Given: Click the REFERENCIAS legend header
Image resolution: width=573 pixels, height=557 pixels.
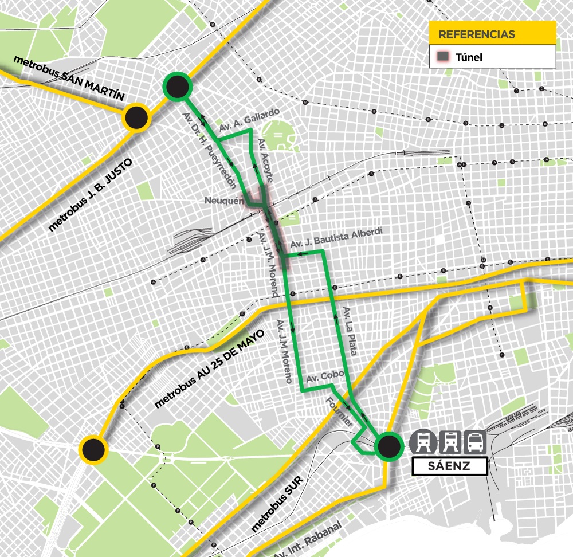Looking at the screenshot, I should [x=492, y=34].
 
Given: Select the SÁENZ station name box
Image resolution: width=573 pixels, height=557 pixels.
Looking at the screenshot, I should [x=449, y=466].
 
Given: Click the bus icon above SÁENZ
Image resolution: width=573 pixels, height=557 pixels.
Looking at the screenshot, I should [x=476, y=442].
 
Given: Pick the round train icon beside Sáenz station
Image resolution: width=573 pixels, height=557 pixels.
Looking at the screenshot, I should [x=422, y=442].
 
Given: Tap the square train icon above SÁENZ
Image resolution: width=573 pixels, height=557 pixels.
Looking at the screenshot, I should [x=449, y=442].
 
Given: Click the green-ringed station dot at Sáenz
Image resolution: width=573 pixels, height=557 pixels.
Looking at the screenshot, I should [x=388, y=446].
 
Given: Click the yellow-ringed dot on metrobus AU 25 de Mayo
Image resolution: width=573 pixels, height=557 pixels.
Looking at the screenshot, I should [x=93, y=449].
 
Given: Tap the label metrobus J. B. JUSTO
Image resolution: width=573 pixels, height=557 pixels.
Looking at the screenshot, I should [x=91, y=195].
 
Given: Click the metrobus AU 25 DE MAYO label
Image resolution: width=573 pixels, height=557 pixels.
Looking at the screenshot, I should [x=211, y=368].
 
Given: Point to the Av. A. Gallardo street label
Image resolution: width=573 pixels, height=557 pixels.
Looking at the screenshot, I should [x=253, y=116].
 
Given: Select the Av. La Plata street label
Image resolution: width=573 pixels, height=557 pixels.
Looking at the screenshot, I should [x=350, y=331].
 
